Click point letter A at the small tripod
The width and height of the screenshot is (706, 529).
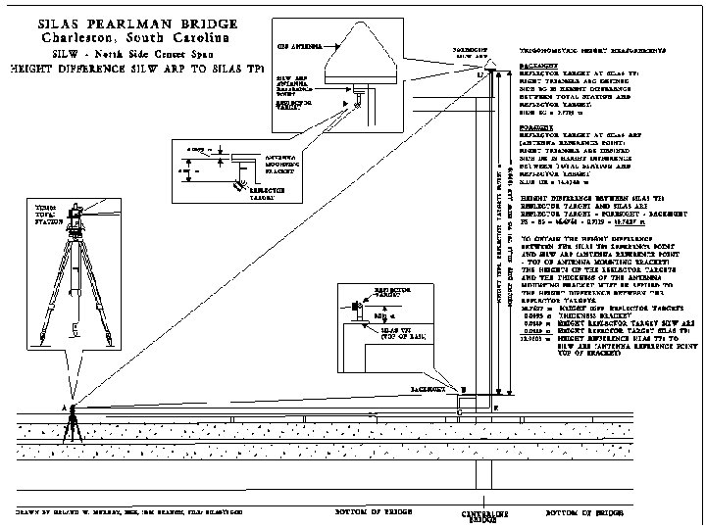(x=63, y=406)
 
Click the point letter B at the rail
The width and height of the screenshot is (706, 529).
(x=463, y=389)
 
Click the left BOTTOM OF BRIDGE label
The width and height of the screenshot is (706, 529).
(x=360, y=512)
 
